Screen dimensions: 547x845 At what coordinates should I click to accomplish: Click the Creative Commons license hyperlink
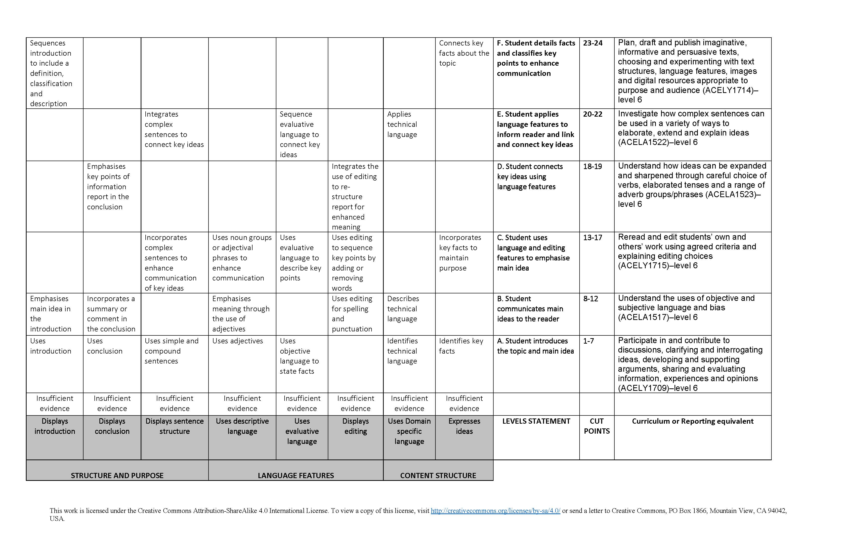495,511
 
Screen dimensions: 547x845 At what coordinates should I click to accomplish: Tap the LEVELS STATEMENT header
536,421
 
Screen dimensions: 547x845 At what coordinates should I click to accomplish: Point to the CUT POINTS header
596,426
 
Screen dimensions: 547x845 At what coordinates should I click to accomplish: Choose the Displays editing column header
355,426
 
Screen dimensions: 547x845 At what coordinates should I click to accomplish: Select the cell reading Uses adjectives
238,341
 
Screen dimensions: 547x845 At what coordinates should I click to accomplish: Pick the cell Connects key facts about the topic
464,53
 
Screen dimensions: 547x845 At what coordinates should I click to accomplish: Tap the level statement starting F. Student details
536,58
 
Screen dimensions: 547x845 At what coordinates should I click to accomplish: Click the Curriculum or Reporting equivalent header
692,421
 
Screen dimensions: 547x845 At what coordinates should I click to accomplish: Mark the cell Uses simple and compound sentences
171,351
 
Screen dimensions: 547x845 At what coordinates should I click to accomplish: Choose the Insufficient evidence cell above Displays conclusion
112,404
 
